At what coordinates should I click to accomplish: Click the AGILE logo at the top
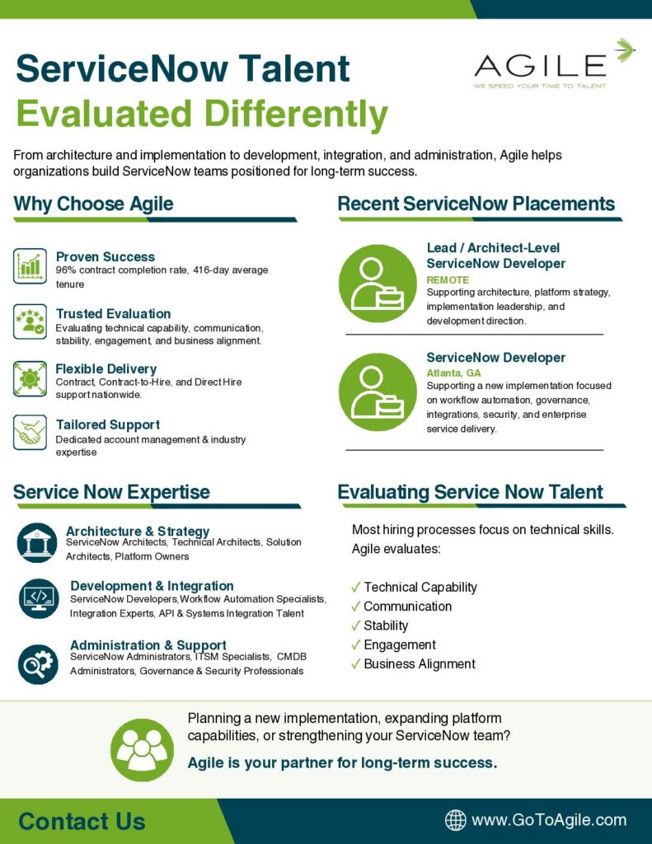pyautogui.click(x=553, y=64)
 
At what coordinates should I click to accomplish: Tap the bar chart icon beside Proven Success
pyautogui.click(x=30, y=266)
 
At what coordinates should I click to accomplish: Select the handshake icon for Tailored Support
pyautogui.click(x=30, y=432)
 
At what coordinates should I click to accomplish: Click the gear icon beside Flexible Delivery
pyautogui.click(x=30, y=379)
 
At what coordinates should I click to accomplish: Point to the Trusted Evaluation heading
pyautogui.click(x=113, y=314)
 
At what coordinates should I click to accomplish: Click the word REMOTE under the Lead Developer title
pyautogui.click(x=448, y=280)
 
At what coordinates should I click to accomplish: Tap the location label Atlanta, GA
pyautogui.click(x=453, y=373)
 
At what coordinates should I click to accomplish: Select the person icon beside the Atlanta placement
pyautogui.click(x=378, y=392)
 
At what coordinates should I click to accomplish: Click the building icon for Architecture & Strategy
pyautogui.click(x=37, y=542)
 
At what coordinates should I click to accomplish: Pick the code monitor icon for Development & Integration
pyautogui.click(x=39, y=598)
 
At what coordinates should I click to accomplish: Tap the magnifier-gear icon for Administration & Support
pyautogui.click(x=38, y=664)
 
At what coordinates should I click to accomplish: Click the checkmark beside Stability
pyautogui.click(x=355, y=626)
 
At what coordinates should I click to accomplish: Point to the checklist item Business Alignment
pyautogui.click(x=420, y=663)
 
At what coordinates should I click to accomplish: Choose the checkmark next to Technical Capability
pyautogui.click(x=355, y=587)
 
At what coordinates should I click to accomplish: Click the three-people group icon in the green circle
pyautogui.click(x=142, y=750)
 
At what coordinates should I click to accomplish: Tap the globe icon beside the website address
pyautogui.click(x=456, y=820)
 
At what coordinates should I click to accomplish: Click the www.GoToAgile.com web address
pyautogui.click(x=549, y=820)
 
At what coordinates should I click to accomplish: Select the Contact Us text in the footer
pyautogui.click(x=82, y=822)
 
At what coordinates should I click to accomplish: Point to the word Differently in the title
pyautogui.click(x=296, y=115)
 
